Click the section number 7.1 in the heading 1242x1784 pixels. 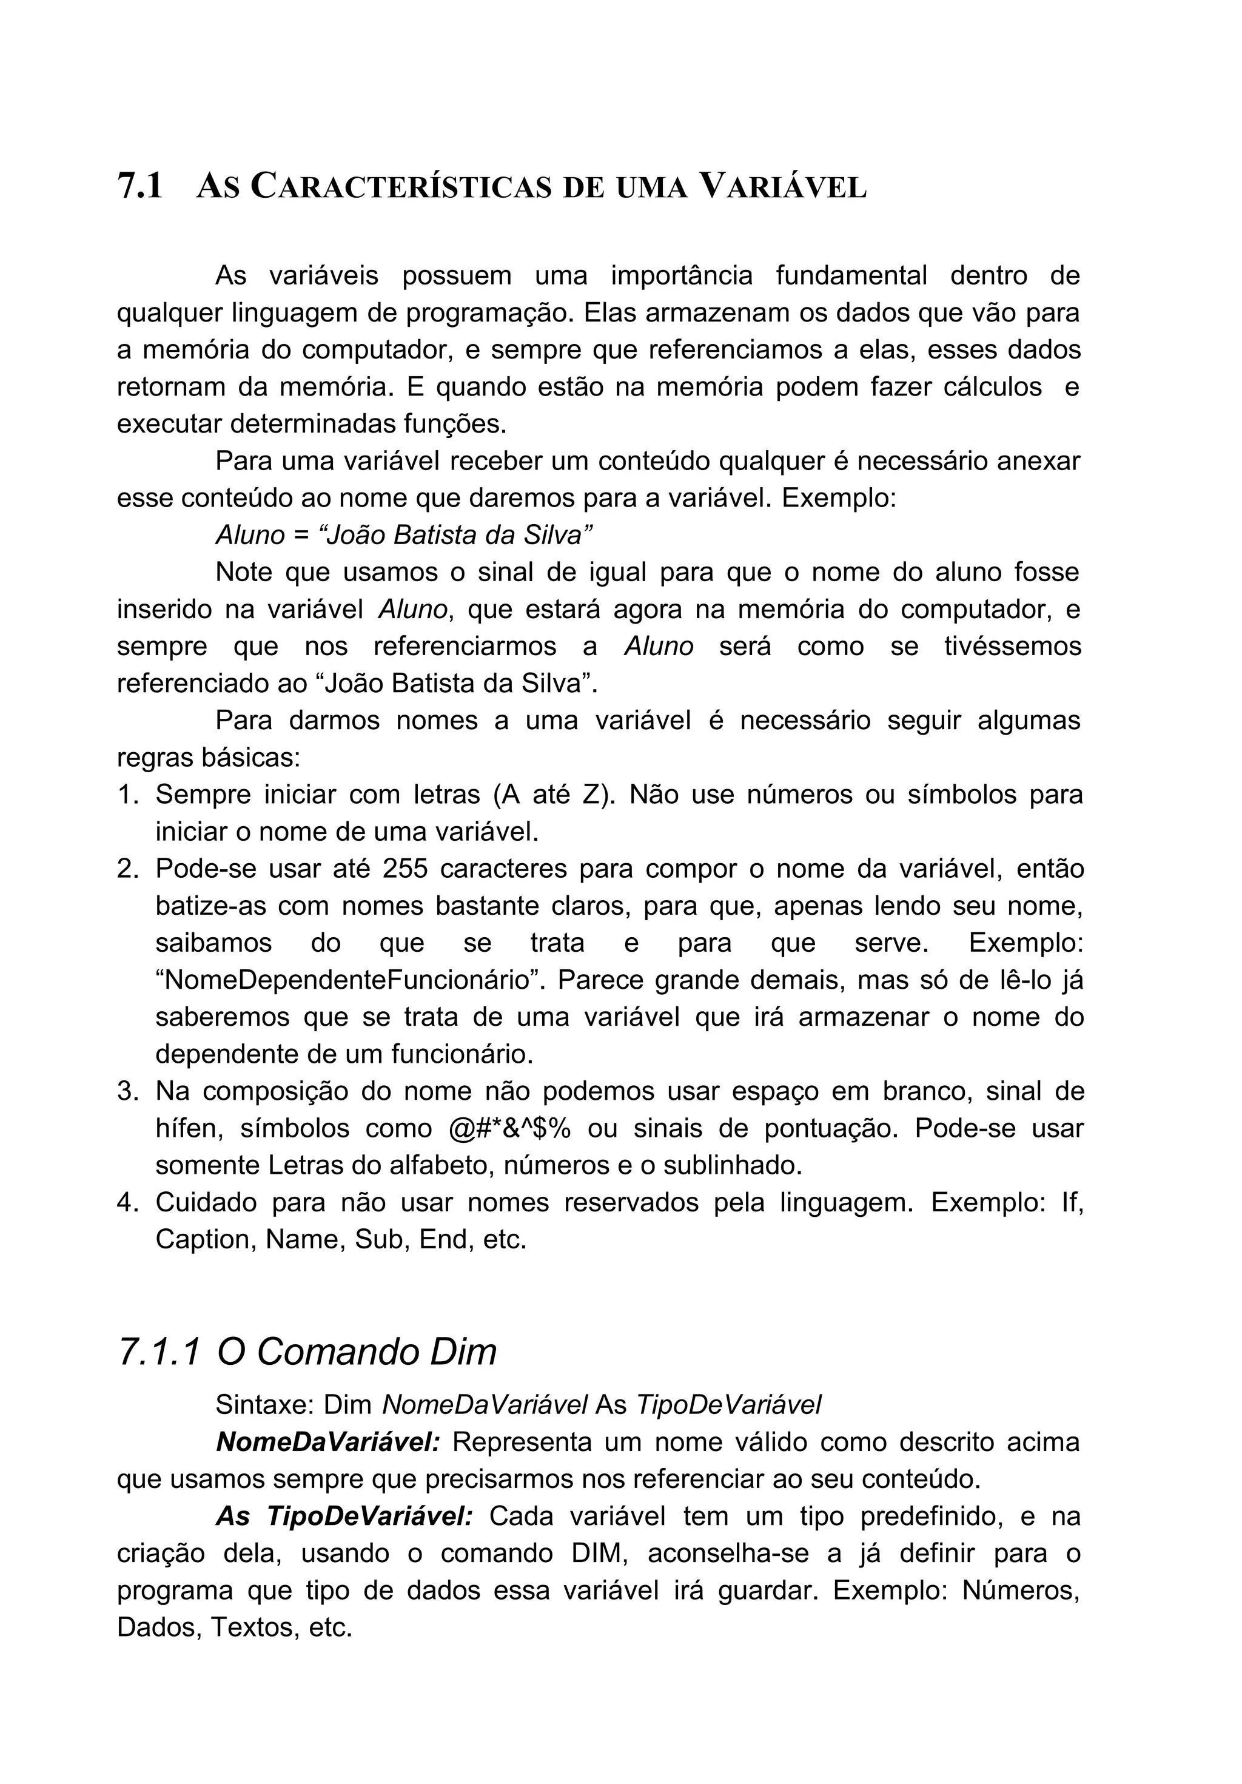pos(140,187)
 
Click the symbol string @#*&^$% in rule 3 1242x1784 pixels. pos(509,1128)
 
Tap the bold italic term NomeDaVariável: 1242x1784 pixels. pos(327,1442)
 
